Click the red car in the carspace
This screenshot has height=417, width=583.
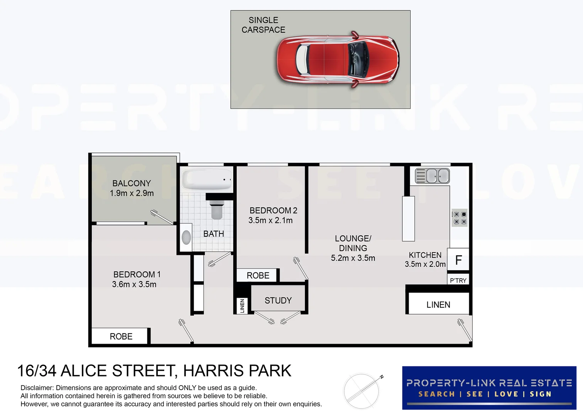(337, 60)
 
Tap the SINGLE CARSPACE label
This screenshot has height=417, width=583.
(263, 25)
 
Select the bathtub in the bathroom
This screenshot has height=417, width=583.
(207, 180)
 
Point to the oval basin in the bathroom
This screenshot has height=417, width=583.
(186, 237)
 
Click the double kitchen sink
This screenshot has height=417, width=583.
(433, 176)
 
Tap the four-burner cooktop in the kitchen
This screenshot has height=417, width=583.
(460, 218)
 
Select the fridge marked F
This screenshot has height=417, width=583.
(458, 260)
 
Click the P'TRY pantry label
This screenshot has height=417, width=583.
(458, 280)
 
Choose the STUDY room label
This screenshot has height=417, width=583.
(278, 300)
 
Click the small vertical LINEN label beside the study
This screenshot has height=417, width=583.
(242, 306)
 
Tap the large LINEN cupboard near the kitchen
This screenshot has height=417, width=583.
(438, 305)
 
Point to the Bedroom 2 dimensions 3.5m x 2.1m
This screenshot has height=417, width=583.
(270, 220)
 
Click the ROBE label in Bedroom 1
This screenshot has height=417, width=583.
(121, 336)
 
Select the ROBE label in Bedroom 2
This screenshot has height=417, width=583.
(258, 275)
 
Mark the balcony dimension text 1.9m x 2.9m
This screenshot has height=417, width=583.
(131, 193)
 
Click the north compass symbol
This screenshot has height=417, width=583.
(362, 391)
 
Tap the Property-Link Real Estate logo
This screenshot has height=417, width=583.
(489, 388)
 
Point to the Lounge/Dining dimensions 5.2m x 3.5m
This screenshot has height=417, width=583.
(353, 258)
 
